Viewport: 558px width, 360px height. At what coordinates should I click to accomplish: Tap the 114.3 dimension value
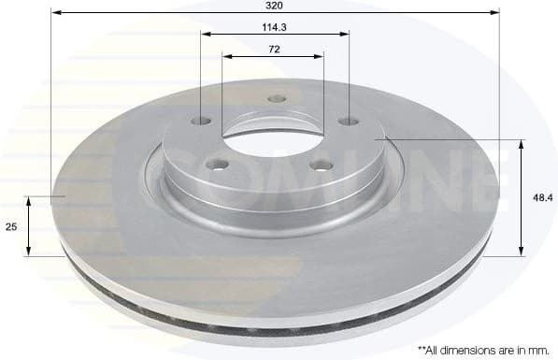275,26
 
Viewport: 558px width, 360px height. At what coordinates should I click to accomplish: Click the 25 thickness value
12,226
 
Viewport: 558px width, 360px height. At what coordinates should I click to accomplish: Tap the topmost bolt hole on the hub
276,99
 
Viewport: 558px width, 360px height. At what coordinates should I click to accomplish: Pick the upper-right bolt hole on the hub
348,121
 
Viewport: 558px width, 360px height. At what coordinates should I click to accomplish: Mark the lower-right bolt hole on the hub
322,166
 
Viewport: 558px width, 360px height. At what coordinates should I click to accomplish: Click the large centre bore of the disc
273,137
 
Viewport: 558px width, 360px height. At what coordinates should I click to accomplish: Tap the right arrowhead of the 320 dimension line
495,13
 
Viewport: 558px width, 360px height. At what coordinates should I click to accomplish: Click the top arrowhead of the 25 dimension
29,201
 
